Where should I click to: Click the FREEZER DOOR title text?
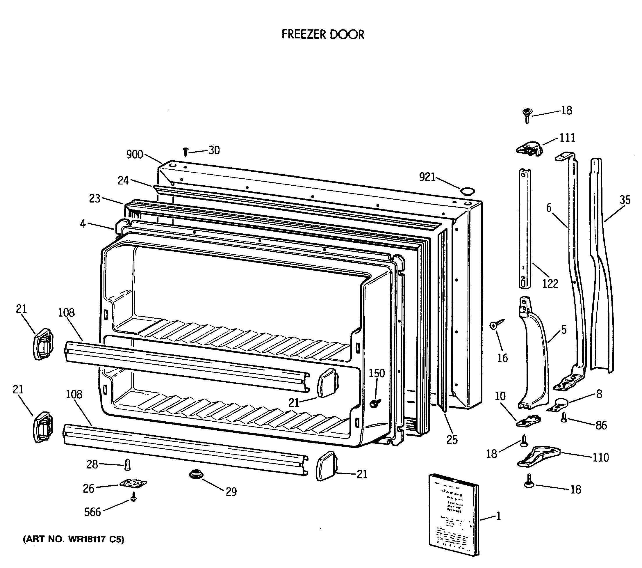click(x=322, y=34)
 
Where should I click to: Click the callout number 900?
click(x=134, y=154)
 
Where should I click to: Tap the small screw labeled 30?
click(x=185, y=152)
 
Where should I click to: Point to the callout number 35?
click(x=625, y=200)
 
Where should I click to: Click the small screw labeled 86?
click(x=564, y=418)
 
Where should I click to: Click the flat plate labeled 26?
click(x=133, y=483)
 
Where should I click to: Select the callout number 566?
click(x=92, y=512)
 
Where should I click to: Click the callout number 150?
click(x=376, y=373)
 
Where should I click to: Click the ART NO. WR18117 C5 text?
click(x=74, y=539)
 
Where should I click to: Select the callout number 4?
click(x=83, y=223)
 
